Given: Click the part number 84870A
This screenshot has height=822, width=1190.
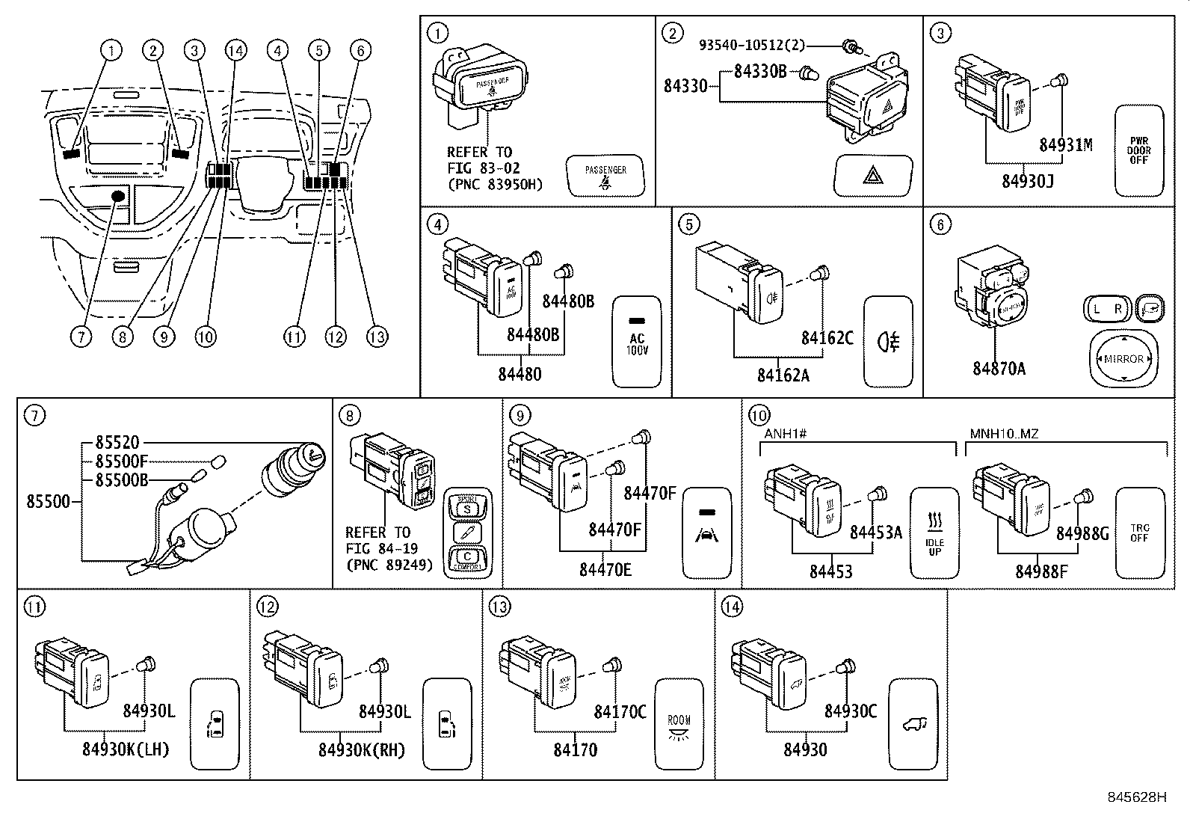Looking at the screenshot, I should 999,369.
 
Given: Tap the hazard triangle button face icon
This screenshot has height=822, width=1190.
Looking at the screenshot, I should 872,176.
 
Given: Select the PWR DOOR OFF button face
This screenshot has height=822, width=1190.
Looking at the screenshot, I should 1139,150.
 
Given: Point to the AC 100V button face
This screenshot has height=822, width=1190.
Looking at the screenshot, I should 637,343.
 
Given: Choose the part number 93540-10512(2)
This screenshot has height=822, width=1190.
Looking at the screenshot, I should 752,45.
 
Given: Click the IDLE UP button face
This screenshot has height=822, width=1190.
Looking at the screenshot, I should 934,533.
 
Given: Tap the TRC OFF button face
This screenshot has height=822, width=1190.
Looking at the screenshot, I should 1140,533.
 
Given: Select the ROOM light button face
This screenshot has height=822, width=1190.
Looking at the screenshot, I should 679,724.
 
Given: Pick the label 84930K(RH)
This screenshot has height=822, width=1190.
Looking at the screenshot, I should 362,749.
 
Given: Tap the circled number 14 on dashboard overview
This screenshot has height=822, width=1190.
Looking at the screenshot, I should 235,51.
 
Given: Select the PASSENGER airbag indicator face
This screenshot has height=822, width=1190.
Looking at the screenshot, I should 605,176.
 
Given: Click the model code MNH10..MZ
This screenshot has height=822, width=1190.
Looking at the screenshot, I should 1004,434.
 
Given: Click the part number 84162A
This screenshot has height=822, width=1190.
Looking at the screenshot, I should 783,375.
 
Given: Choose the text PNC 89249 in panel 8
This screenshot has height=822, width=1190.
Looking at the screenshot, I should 389,565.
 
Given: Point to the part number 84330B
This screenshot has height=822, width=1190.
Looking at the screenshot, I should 759,72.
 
